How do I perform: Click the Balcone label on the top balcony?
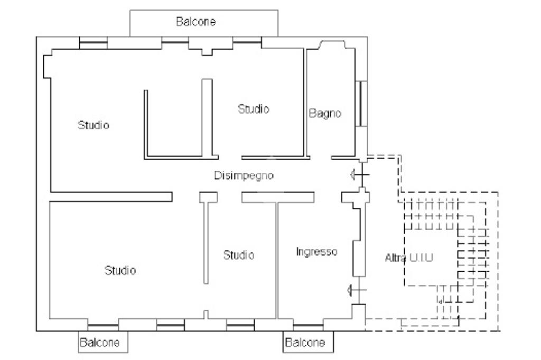click(195, 22)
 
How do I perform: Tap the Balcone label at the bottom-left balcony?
click(99, 343)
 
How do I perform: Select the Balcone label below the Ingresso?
click(305, 343)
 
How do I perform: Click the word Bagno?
click(325, 113)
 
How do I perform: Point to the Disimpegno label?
click(244, 176)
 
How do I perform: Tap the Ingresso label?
click(317, 252)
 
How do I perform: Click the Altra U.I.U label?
click(409, 257)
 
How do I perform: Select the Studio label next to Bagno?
click(254, 109)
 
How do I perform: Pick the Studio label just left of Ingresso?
click(239, 255)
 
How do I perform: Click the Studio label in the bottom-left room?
click(120, 270)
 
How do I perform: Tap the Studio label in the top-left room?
click(94, 125)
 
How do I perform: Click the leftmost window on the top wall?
click(93, 43)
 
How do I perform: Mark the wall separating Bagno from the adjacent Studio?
click(305, 103)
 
